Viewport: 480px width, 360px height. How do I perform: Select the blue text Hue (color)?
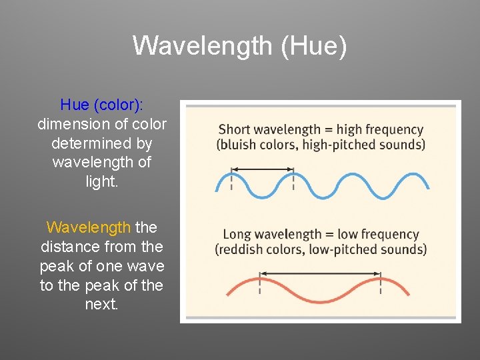(102, 105)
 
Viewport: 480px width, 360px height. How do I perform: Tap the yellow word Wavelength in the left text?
(89, 227)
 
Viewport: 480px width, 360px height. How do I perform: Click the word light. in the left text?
(102, 181)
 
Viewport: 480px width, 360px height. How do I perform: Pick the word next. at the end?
(102, 305)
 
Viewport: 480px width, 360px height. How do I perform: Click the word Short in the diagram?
(235, 129)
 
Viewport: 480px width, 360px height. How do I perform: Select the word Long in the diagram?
(237, 234)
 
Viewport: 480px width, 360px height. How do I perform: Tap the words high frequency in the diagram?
(379, 129)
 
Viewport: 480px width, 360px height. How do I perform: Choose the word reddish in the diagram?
(242, 249)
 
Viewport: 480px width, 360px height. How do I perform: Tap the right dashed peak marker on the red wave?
(381, 285)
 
